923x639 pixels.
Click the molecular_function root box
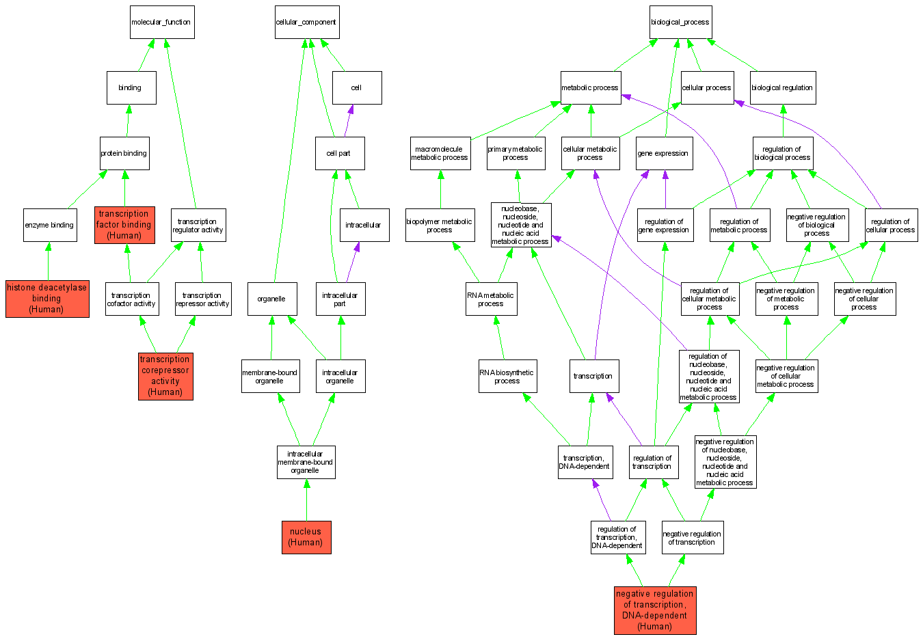(162, 23)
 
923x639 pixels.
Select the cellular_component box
(306, 23)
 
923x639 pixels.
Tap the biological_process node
(680, 23)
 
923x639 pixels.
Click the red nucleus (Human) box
(306, 537)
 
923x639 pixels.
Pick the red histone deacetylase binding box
(47, 299)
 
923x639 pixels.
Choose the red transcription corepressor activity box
(165, 376)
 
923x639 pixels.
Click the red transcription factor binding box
(124, 225)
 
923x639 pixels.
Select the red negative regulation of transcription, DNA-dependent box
(655, 610)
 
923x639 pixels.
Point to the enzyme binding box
(49, 225)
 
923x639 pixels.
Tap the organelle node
(271, 299)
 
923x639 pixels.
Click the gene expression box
(663, 153)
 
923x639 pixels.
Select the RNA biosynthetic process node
(507, 377)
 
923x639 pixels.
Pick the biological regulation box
(782, 88)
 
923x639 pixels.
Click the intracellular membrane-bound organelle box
(306, 462)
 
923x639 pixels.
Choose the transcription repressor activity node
(202, 299)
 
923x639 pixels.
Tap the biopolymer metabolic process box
(440, 225)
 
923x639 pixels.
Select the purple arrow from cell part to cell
(348, 121)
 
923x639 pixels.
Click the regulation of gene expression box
(665, 226)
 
